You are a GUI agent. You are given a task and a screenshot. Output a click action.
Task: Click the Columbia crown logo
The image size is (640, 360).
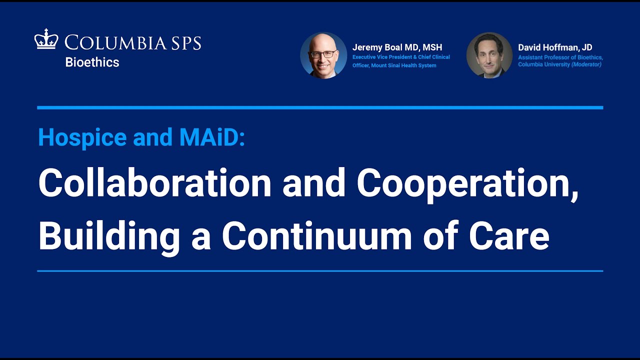pyautogui.click(x=46, y=39)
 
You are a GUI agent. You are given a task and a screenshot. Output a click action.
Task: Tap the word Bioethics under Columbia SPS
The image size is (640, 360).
pyautogui.click(x=92, y=62)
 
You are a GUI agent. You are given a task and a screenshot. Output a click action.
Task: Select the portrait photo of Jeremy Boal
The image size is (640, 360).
pyautogui.click(x=323, y=55)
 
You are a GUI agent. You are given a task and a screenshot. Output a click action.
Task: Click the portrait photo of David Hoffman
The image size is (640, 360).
pyautogui.click(x=489, y=55)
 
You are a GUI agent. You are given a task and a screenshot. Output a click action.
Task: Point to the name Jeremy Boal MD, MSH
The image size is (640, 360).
pyautogui.click(x=397, y=47)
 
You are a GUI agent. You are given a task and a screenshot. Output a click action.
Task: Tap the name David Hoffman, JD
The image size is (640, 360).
pyautogui.click(x=555, y=47)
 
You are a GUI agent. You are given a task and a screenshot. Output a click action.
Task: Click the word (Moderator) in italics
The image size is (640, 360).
pyautogui.click(x=586, y=64)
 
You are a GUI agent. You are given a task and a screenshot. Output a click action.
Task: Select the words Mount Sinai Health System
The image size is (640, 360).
pyautogui.click(x=403, y=65)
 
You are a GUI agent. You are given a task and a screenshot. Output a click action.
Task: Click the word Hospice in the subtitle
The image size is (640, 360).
pyautogui.click(x=82, y=138)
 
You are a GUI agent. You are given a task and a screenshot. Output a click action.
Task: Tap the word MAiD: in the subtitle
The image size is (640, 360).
pyautogui.click(x=212, y=137)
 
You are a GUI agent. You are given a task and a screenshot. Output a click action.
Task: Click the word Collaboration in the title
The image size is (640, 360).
pyautogui.click(x=154, y=183)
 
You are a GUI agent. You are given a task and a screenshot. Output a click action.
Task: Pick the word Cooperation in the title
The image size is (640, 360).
pyautogui.click(x=467, y=185)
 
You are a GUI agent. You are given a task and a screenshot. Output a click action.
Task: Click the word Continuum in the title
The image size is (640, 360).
pyautogui.click(x=317, y=235)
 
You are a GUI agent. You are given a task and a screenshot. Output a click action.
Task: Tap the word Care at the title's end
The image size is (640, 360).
pyautogui.click(x=509, y=236)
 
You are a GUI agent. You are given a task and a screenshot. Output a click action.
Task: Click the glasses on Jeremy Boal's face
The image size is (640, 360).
pyautogui.click(x=323, y=54)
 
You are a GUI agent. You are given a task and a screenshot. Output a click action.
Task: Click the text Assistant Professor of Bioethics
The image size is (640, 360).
pyautogui.click(x=560, y=57)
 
